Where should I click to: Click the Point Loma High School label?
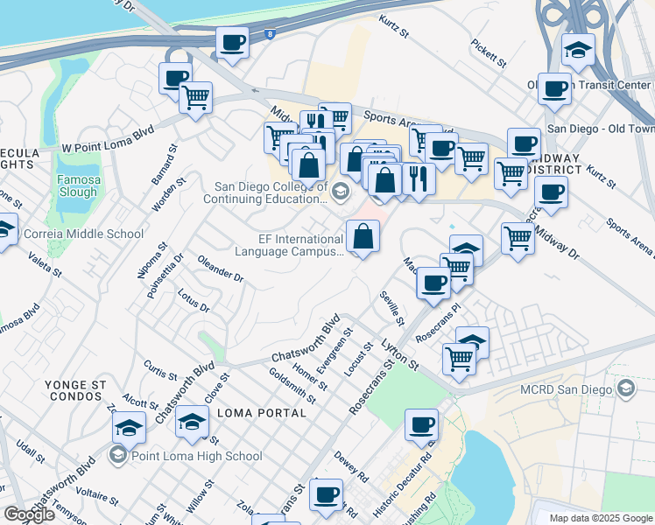[195, 456]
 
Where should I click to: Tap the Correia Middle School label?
[83, 234]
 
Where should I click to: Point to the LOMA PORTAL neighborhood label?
[252, 413]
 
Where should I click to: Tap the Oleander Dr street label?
[220, 269]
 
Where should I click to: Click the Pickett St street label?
[489, 52]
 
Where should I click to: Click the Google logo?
[29, 514]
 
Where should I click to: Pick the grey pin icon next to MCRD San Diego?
[625, 388]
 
